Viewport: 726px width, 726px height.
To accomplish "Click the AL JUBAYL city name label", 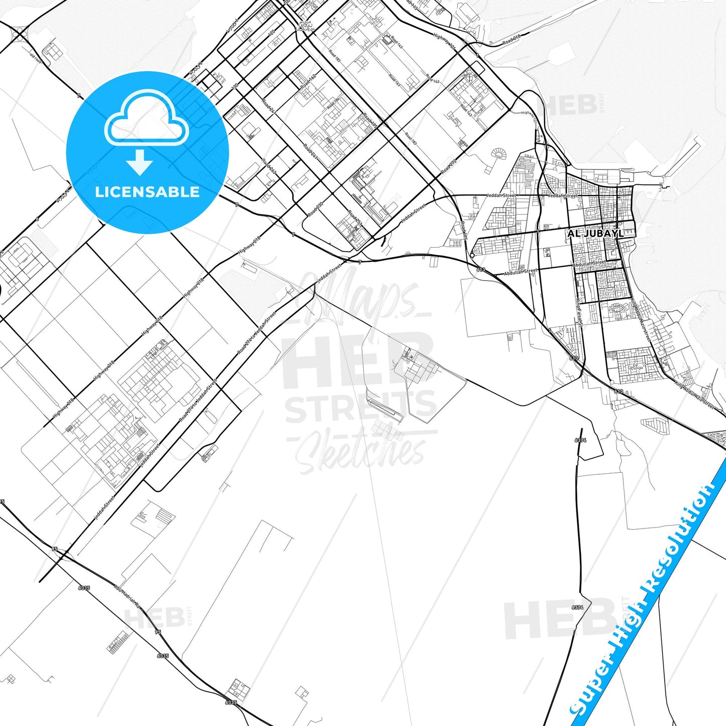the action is click(595, 234).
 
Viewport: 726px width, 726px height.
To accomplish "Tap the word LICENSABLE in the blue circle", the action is click(147, 192).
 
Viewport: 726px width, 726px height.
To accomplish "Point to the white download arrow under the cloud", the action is click(140, 162).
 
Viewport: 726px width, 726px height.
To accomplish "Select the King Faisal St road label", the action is click(579, 312).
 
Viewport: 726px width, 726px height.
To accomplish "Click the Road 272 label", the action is click(449, 166).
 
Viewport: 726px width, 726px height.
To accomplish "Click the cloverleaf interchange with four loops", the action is click(20, 34).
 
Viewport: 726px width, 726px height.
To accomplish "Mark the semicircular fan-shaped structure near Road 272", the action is click(498, 154).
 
